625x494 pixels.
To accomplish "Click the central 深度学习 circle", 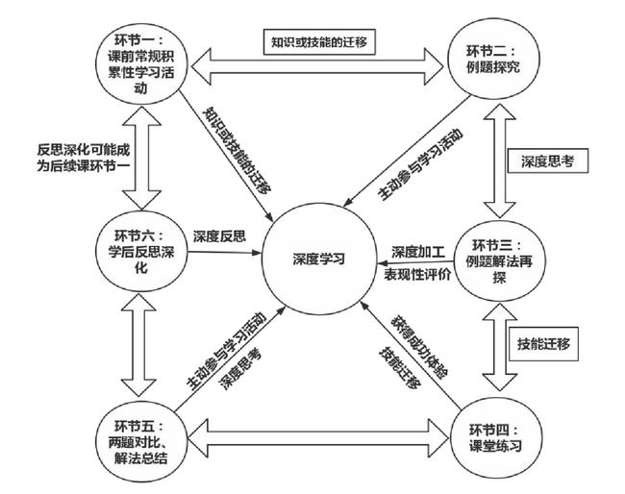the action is click(x=319, y=259).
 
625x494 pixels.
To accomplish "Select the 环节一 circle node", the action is click(x=141, y=62).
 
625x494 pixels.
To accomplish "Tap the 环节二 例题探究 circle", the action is click(x=493, y=59).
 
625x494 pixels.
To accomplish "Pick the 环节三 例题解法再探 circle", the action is click(x=499, y=260).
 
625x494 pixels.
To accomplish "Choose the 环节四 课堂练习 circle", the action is click(x=496, y=437).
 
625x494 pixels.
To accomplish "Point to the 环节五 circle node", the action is click(x=141, y=441).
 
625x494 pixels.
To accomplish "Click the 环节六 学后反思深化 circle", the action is click(x=141, y=252).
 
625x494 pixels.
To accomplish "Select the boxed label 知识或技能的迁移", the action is click(x=319, y=42).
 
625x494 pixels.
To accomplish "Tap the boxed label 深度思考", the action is click(x=548, y=161).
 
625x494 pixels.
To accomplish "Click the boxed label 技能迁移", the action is click(x=543, y=344).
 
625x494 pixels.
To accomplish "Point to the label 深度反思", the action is click(x=219, y=236).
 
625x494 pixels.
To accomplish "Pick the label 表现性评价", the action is click(x=417, y=275).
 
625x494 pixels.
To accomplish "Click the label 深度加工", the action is click(x=418, y=252).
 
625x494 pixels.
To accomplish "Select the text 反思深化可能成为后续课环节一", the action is click(x=84, y=158).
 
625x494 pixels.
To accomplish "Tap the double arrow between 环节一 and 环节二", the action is click(x=317, y=66).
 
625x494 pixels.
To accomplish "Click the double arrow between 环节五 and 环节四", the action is click(x=318, y=438).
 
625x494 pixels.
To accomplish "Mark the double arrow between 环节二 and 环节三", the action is click(x=500, y=161).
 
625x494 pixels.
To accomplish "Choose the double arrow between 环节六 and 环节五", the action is click(x=137, y=345).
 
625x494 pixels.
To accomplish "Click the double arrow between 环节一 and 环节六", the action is click(x=141, y=158).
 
